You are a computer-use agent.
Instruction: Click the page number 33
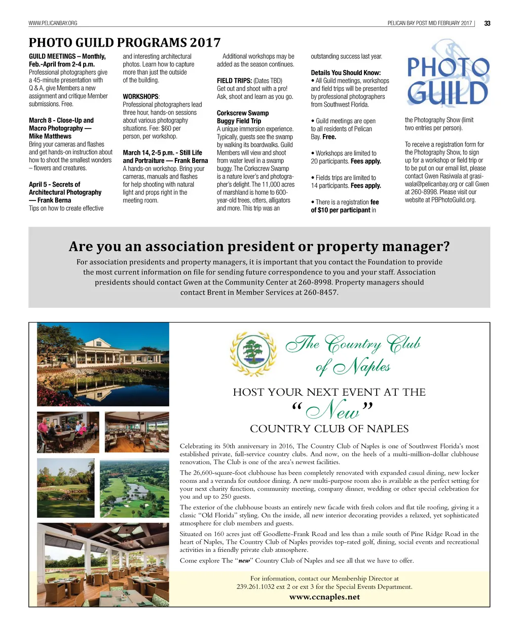point(487,23)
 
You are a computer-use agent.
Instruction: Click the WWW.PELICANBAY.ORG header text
point(53,23)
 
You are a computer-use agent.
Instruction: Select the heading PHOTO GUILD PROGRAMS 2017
point(124,43)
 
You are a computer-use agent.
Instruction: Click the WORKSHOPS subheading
point(140,96)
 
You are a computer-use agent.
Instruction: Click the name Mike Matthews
point(50,136)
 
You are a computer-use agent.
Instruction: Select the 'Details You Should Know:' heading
point(346,73)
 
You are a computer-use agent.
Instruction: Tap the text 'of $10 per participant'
point(340,210)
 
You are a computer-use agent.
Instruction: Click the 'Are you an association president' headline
point(259,247)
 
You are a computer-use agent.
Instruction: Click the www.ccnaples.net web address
point(324,597)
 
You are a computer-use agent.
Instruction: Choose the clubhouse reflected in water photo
point(103,364)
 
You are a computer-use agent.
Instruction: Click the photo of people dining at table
point(68,432)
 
